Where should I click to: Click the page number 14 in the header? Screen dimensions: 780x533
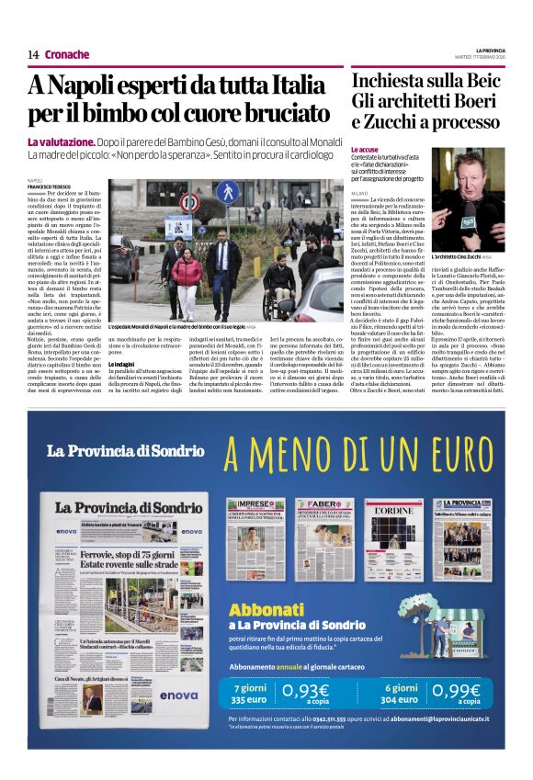click(32, 54)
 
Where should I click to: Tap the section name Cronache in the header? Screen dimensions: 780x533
click(66, 54)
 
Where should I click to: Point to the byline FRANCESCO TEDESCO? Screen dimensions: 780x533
click(51, 187)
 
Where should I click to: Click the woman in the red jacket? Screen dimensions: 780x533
click(187, 277)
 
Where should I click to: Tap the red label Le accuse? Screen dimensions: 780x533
click(365, 148)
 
